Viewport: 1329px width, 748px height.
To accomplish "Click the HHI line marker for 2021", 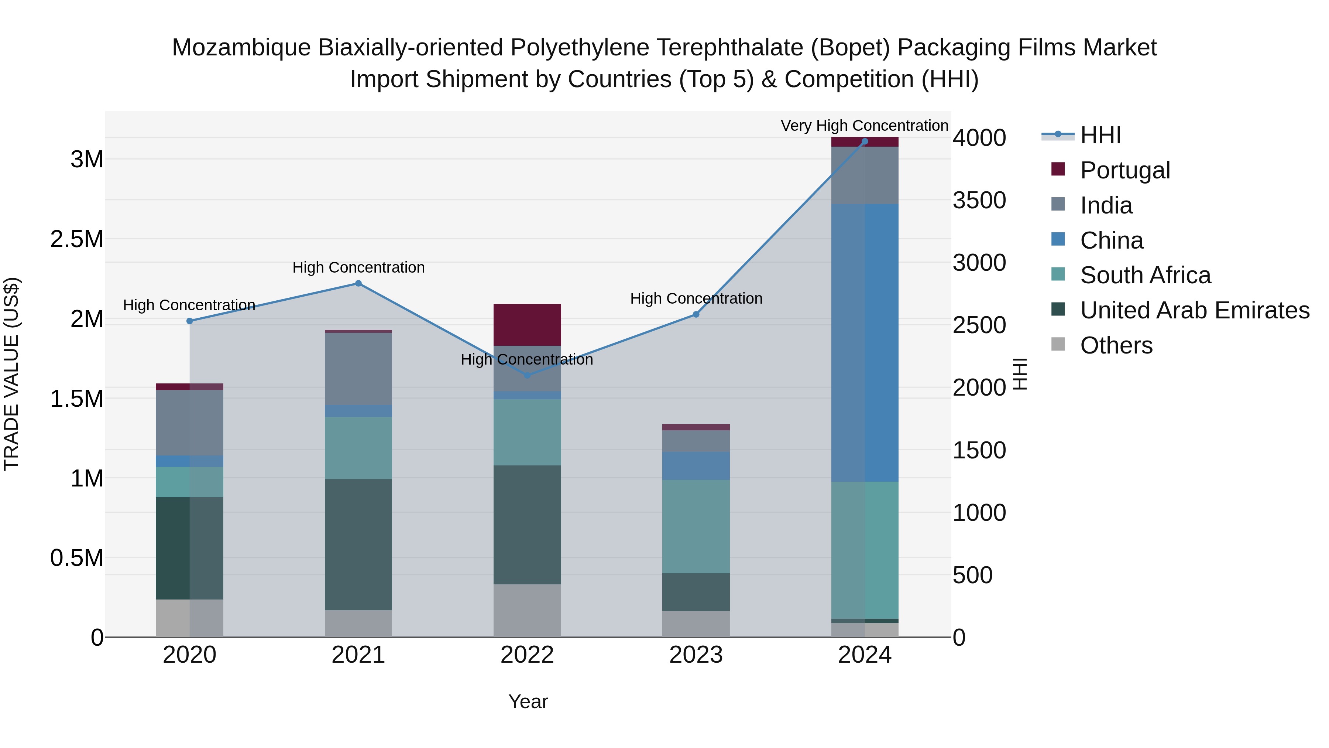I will pyautogui.click(x=358, y=283).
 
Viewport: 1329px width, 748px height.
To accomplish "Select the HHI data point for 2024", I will pyautogui.click(x=865, y=141).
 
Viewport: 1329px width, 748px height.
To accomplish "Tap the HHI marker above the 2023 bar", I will pyautogui.click(x=696, y=314).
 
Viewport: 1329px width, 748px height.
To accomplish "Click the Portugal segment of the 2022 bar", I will pyautogui.click(x=527, y=325).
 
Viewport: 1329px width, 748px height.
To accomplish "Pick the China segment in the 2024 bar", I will pyautogui.click(x=865, y=343).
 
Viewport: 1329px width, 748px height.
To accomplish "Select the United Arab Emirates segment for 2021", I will pyautogui.click(x=358, y=544).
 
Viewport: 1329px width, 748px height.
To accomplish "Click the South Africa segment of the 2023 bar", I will pyautogui.click(x=696, y=526).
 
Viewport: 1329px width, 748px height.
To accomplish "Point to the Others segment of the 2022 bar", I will pyautogui.click(x=527, y=610).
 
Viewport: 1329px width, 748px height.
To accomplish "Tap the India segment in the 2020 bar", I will pyautogui.click(x=189, y=423).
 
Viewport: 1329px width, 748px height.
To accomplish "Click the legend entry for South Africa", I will pyautogui.click(x=1145, y=275).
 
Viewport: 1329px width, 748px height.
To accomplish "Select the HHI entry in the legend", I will pyautogui.click(x=1100, y=135).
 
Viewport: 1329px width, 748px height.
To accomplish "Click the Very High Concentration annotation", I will pyautogui.click(x=864, y=126).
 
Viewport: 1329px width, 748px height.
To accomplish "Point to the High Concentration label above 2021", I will pyautogui.click(x=358, y=267).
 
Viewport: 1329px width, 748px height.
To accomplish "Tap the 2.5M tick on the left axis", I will pyautogui.click(x=77, y=239).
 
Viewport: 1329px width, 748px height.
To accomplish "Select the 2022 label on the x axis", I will pyautogui.click(x=527, y=655).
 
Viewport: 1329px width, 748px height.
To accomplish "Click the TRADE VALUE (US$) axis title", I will pyautogui.click(x=11, y=374).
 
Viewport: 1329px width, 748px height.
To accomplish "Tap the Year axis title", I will pyautogui.click(x=528, y=701).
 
